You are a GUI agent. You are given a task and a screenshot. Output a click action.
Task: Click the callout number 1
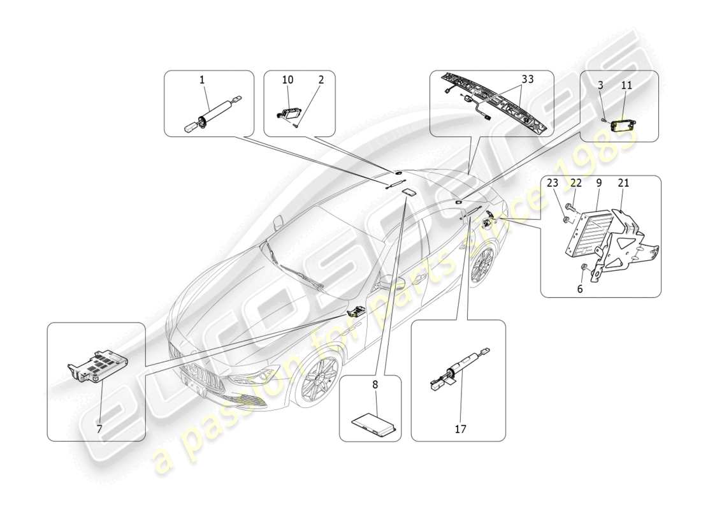point(202,80)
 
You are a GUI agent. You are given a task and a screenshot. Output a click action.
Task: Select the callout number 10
point(288,80)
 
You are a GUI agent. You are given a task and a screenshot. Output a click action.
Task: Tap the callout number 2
point(321,80)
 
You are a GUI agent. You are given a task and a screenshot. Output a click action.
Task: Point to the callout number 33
point(527,80)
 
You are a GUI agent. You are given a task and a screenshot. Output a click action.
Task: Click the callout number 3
point(601,85)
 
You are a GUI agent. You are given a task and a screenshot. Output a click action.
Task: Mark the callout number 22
point(575,184)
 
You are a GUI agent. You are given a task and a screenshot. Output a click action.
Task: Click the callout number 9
point(599,184)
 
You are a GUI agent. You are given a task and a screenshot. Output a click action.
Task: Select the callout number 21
point(623,184)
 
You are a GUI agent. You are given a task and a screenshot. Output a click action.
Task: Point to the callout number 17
point(460,429)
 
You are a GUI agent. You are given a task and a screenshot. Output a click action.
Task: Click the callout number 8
point(375,384)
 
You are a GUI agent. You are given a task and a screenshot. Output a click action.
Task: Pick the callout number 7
point(99,429)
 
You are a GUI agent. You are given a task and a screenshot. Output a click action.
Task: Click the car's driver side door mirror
point(387,281)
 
